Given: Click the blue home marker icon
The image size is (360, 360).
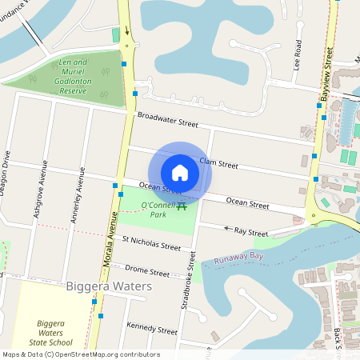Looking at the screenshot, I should [180, 173].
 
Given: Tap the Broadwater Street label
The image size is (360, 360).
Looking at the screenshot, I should [167, 121].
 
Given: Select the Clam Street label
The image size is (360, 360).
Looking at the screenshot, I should [218, 163].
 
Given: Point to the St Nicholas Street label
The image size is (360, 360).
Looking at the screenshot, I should [151, 242].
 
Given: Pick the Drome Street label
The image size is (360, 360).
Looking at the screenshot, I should [148, 272].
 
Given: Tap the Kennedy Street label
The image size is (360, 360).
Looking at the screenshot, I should [151, 329].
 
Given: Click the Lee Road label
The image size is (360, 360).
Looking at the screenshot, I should [297, 54].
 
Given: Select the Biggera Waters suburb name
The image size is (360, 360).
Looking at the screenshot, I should [109, 286].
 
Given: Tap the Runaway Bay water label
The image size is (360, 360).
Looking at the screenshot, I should [240, 258].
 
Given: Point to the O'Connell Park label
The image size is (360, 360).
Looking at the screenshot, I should [158, 210].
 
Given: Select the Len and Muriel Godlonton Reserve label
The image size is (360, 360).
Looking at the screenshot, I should [73, 76].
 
